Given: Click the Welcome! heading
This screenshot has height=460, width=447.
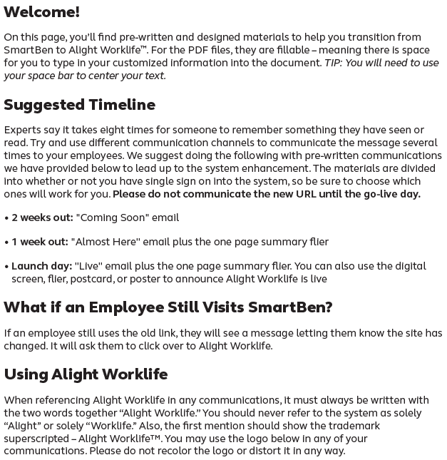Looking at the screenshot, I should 41,12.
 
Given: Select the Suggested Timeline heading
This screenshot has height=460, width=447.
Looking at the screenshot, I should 79,105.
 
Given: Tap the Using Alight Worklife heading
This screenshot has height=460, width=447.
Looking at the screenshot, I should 86,374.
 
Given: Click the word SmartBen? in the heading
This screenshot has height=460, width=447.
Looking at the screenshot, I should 290,307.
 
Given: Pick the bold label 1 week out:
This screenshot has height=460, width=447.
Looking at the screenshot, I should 39,242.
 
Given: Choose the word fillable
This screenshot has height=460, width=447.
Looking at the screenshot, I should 345,50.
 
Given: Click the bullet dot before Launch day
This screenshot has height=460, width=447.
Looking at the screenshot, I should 6,267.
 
